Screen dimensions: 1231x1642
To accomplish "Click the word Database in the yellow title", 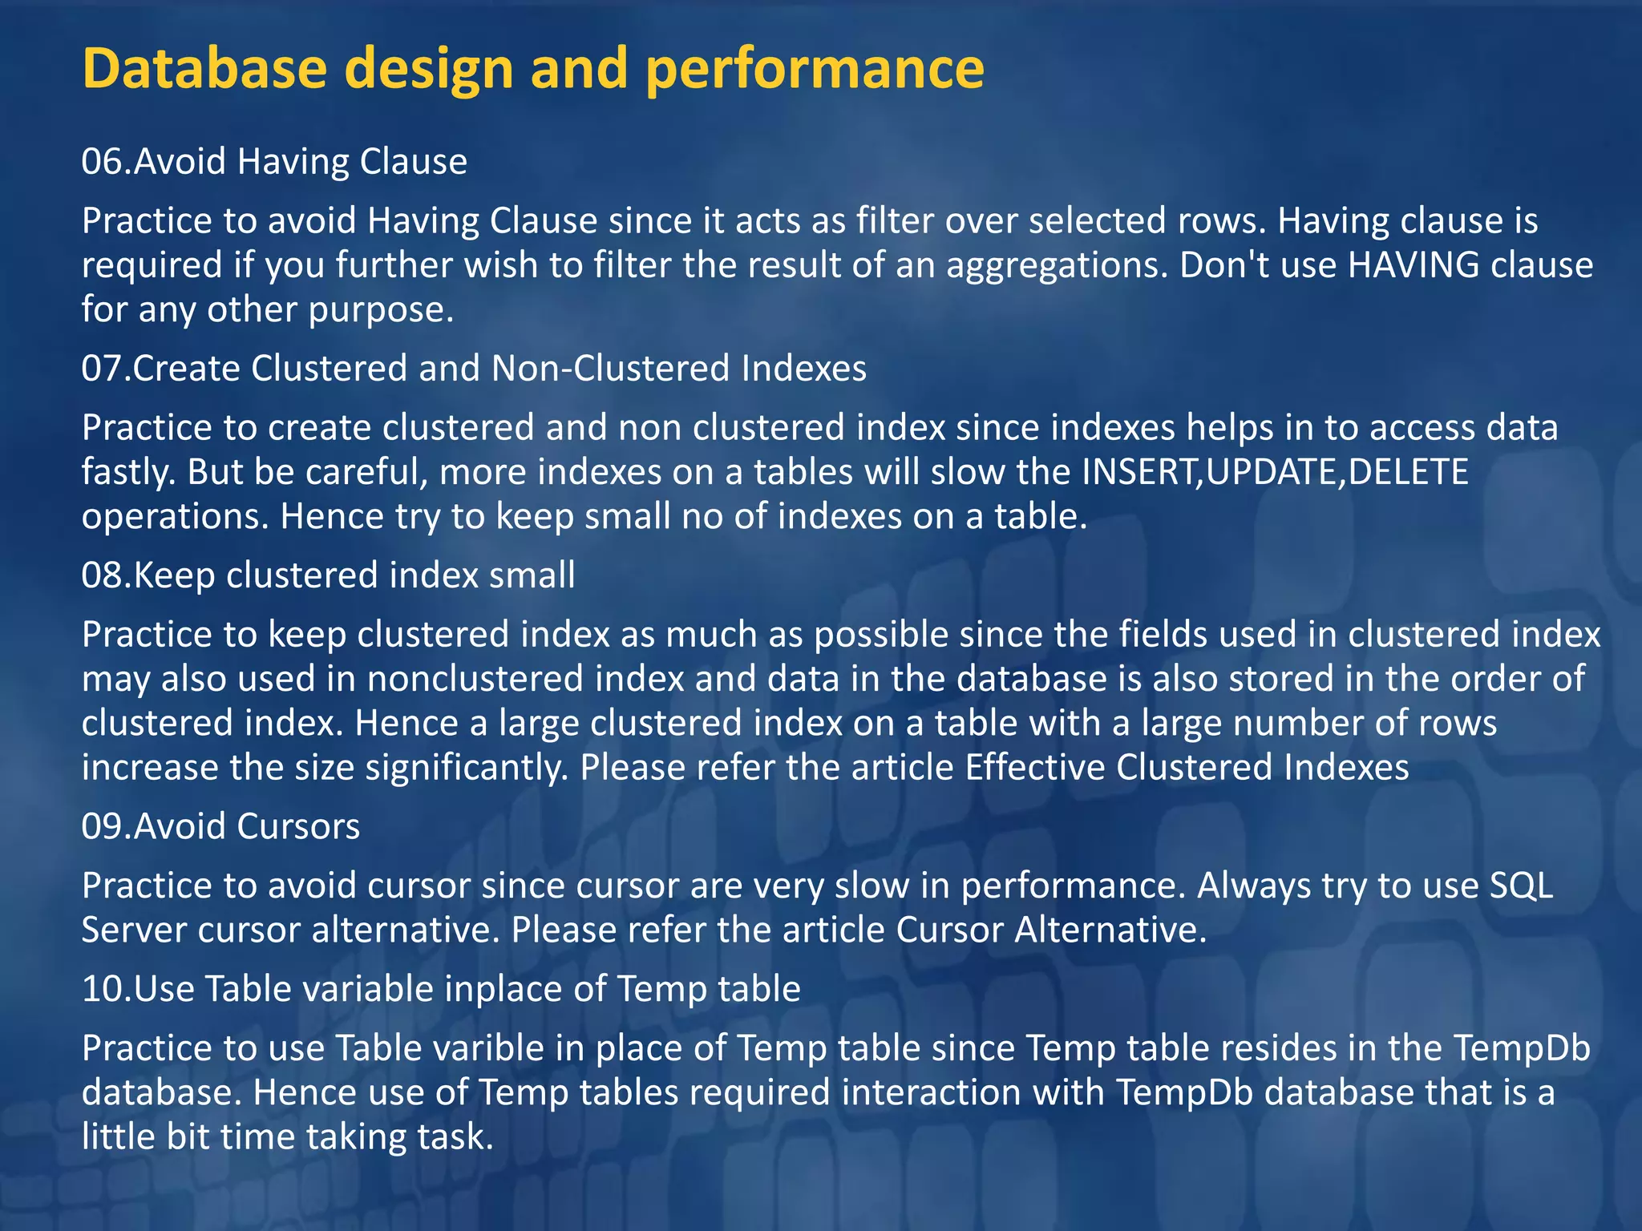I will pos(204,68).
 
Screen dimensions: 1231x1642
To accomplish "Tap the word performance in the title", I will pos(814,68).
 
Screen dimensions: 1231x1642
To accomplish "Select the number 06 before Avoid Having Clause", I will pos(102,162).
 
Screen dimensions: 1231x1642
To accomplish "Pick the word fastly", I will pos(128,472).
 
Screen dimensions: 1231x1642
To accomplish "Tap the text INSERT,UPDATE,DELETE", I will pos(1274,472).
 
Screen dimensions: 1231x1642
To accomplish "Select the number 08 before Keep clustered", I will pos(102,575).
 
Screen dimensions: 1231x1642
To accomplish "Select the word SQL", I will pos(1521,886).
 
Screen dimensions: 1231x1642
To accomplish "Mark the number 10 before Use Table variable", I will pos(102,989).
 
